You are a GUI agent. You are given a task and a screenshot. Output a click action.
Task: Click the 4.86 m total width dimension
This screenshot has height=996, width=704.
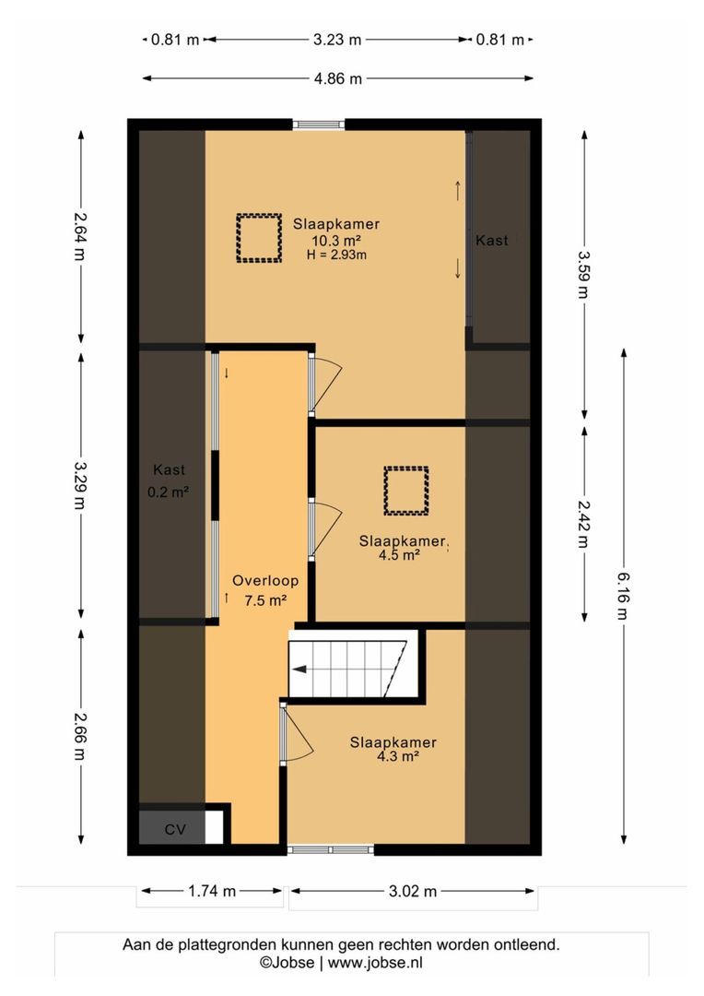coord(337,78)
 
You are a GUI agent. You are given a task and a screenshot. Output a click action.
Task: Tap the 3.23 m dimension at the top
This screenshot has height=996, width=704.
coord(337,40)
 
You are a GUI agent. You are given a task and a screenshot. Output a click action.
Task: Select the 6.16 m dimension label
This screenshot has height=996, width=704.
coord(624,595)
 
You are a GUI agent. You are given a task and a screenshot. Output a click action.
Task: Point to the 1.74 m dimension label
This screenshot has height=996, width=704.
coord(212,891)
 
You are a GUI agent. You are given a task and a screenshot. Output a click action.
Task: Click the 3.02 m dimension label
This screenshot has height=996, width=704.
coord(413,891)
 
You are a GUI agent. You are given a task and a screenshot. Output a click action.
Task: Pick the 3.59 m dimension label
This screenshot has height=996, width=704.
coord(584,274)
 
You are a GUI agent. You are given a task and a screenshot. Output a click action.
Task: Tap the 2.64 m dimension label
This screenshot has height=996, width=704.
coord(80,236)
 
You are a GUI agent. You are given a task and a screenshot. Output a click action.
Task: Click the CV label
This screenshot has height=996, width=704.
coord(174,830)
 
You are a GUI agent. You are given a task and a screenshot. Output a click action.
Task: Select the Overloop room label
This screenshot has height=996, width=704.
coord(265,580)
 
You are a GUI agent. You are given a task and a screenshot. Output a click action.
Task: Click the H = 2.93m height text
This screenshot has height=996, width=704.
coord(336,255)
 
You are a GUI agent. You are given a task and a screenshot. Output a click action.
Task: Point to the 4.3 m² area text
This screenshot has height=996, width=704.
coord(398,756)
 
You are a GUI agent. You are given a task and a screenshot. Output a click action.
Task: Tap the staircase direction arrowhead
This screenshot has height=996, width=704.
coord(299,669)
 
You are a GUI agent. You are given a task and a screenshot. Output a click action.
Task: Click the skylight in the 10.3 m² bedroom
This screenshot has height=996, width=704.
coord(259,238)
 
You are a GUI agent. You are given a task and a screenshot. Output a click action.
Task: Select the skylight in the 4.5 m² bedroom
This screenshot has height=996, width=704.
coord(406,491)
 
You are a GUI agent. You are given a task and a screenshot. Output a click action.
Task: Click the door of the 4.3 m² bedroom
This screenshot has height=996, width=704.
coord(297,732)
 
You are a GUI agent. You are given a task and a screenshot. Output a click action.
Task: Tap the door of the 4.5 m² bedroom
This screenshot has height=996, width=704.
coord(324,530)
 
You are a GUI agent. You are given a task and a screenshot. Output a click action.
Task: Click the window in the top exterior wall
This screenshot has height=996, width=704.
coord(319,125)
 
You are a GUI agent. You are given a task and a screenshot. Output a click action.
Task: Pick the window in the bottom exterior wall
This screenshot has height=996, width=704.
coord(330,849)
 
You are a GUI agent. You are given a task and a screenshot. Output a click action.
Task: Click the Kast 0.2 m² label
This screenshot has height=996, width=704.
coord(169,480)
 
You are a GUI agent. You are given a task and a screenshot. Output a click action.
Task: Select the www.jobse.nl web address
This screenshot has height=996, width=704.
coord(375,962)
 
